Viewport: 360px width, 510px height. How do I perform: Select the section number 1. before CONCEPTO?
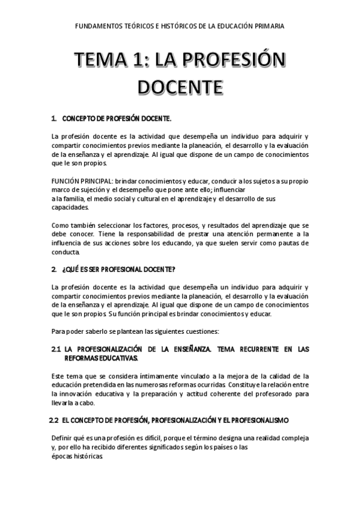pyautogui.click(x=55, y=119)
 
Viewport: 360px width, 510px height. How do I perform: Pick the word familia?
pyautogui.click(x=71, y=199)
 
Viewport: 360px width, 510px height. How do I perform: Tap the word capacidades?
pyautogui.click(x=70, y=208)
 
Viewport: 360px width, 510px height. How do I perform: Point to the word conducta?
pyautogui.click(x=65, y=252)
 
